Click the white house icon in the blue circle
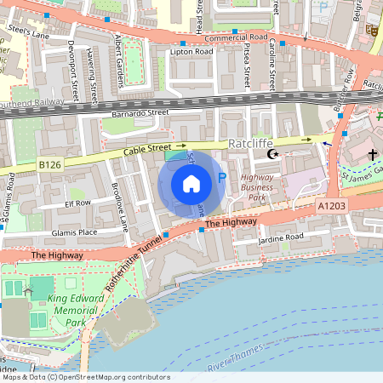coord(191,183)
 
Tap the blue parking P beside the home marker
coord(222,178)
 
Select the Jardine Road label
coord(282,238)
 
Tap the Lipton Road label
coord(191,52)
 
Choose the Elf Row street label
coord(77,203)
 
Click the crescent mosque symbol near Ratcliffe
coord(273,154)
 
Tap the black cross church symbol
coord(372,154)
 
